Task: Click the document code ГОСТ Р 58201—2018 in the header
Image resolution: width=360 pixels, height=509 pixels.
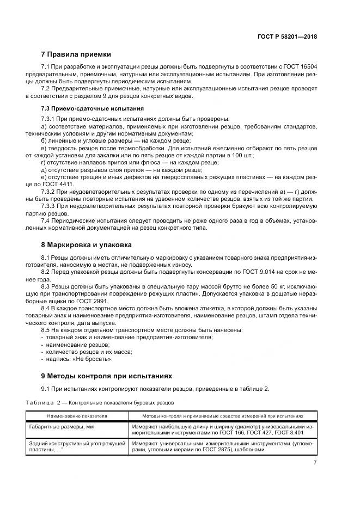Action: [287, 37]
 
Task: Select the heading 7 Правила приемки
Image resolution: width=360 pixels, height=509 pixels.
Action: [76, 54]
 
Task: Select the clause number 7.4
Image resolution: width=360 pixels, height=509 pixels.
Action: [46, 220]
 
